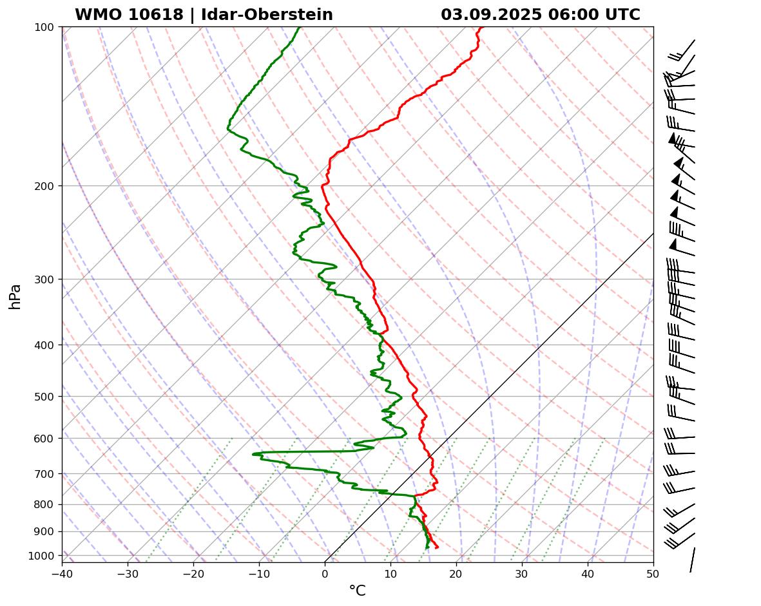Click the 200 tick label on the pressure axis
pos(44,186)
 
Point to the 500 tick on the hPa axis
pos(44,397)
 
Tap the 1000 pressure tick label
pos(41,556)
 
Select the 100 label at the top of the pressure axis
pos(44,27)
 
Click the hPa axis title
pos(15,296)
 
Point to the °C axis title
pos(357,591)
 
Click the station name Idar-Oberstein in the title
pos(267,15)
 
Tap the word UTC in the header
pos(622,15)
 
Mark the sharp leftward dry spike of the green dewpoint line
pos(253,454)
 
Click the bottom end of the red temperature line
pos(438,547)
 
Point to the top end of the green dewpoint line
pos(300,27)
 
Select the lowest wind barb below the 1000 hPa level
pos(693,560)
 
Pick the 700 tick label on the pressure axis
pos(44,474)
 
